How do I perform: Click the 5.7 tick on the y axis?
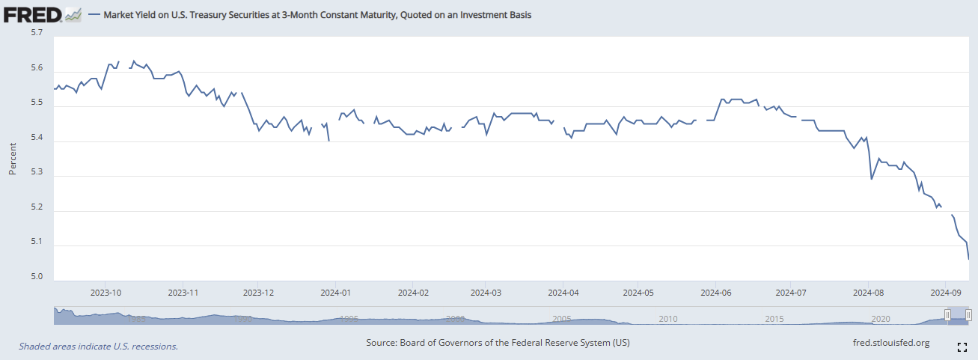click(37, 34)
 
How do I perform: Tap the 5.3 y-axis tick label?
click(37, 173)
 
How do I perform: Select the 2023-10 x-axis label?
click(106, 293)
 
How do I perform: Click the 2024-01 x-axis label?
click(335, 293)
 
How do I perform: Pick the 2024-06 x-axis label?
click(716, 293)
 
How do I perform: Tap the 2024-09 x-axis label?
click(944, 293)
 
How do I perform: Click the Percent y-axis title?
click(13, 157)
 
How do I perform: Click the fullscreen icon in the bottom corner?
click(963, 347)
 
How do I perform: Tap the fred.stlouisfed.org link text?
click(891, 343)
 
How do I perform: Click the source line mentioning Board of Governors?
click(498, 343)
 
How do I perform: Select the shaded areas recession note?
click(98, 347)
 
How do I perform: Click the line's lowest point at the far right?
click(969, 259)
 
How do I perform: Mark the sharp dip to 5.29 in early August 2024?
click(871, 178)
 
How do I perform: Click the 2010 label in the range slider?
click(668, 319)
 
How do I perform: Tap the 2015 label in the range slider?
click(774, 319)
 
